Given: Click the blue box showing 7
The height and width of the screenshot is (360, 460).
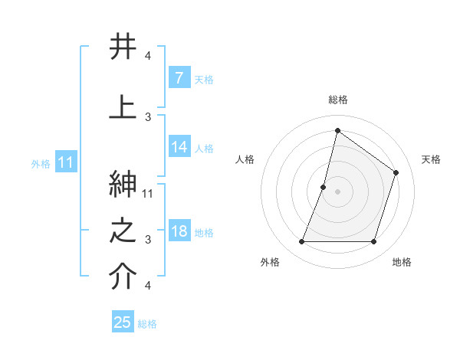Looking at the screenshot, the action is (x=179, y=78).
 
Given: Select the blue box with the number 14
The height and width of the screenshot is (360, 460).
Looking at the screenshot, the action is (x=179, y=148).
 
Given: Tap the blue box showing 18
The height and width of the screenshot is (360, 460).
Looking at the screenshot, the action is (x=179, y=232).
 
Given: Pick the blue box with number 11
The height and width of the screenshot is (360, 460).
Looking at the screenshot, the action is (x=65, y=162).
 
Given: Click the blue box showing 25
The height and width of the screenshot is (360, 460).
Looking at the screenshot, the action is (x=123, y=322).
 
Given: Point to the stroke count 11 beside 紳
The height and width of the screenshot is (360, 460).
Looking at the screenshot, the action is (x=148, y=194).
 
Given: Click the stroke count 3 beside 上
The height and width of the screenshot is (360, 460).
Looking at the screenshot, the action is (x=148, y=116).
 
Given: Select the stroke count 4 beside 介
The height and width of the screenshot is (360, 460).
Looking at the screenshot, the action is (x=148, y=286).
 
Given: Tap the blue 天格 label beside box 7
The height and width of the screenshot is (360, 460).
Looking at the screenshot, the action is (x=204, y=80).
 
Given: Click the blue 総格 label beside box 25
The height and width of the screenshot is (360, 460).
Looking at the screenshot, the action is (x=147, y=324).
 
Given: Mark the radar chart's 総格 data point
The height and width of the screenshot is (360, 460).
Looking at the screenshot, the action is (x=337, y=131).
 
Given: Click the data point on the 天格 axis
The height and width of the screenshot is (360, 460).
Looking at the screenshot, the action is (x=396, y=172).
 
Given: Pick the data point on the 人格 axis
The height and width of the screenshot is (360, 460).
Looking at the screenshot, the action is (x=324, y=187).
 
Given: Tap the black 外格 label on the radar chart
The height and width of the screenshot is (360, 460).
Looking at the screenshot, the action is (x=269, y=262).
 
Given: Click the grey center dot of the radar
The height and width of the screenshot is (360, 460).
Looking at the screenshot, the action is (x=337, y=191).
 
